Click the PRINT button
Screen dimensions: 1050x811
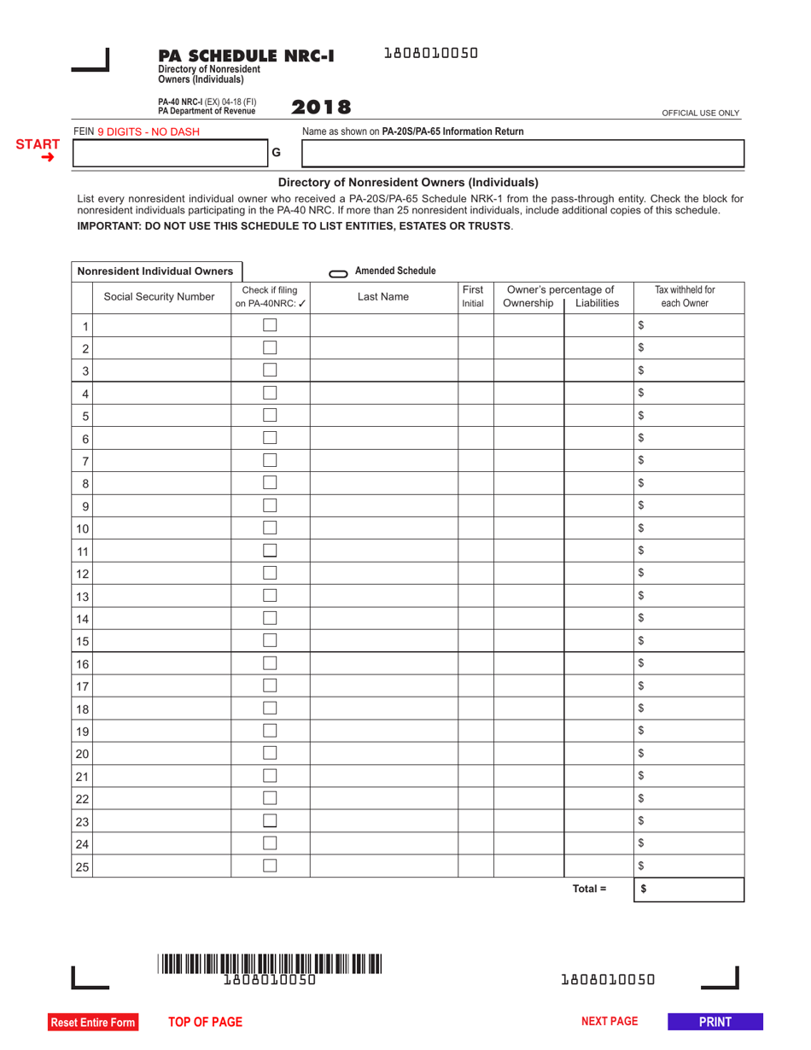715,1021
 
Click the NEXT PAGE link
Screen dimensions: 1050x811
610,1021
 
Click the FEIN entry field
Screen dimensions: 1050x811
171,154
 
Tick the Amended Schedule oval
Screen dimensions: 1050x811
338,273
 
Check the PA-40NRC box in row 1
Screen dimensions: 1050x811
270,325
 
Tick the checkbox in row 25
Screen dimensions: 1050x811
270,865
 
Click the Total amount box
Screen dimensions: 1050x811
689,889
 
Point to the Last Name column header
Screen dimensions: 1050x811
383,297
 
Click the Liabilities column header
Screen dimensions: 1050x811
598,303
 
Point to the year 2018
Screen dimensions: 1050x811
321,108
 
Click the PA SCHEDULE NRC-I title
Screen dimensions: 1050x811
246,56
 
